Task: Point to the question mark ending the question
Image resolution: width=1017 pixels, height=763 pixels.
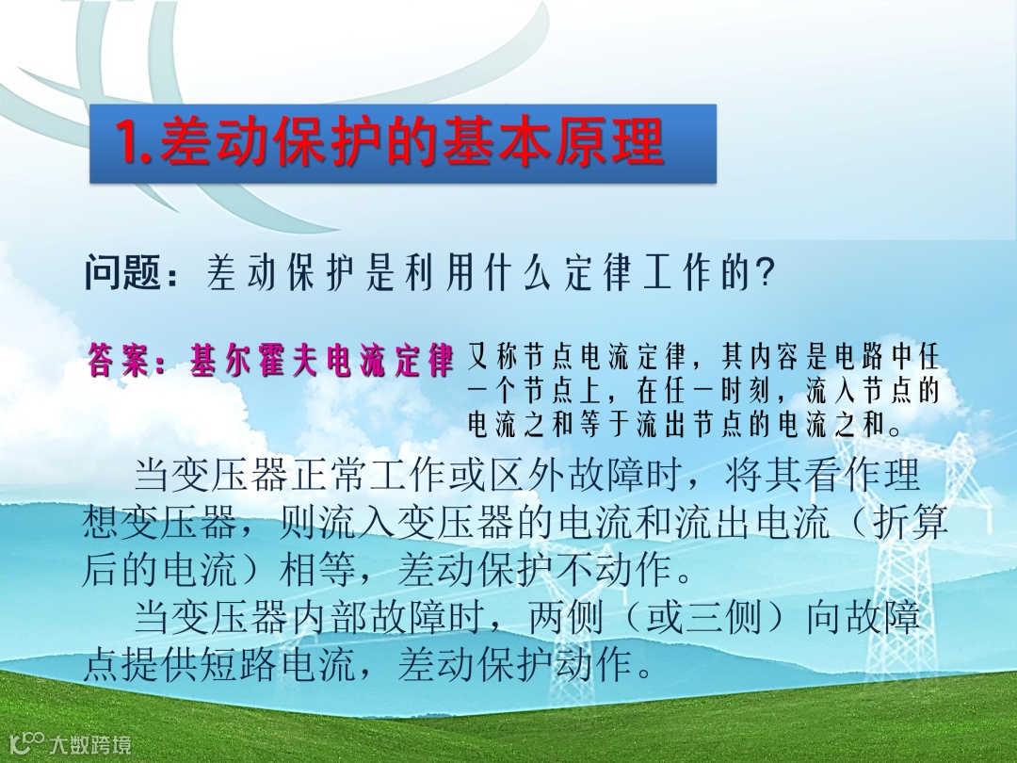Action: pos(766,273)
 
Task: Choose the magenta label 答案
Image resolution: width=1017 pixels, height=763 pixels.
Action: pos(120,360)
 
